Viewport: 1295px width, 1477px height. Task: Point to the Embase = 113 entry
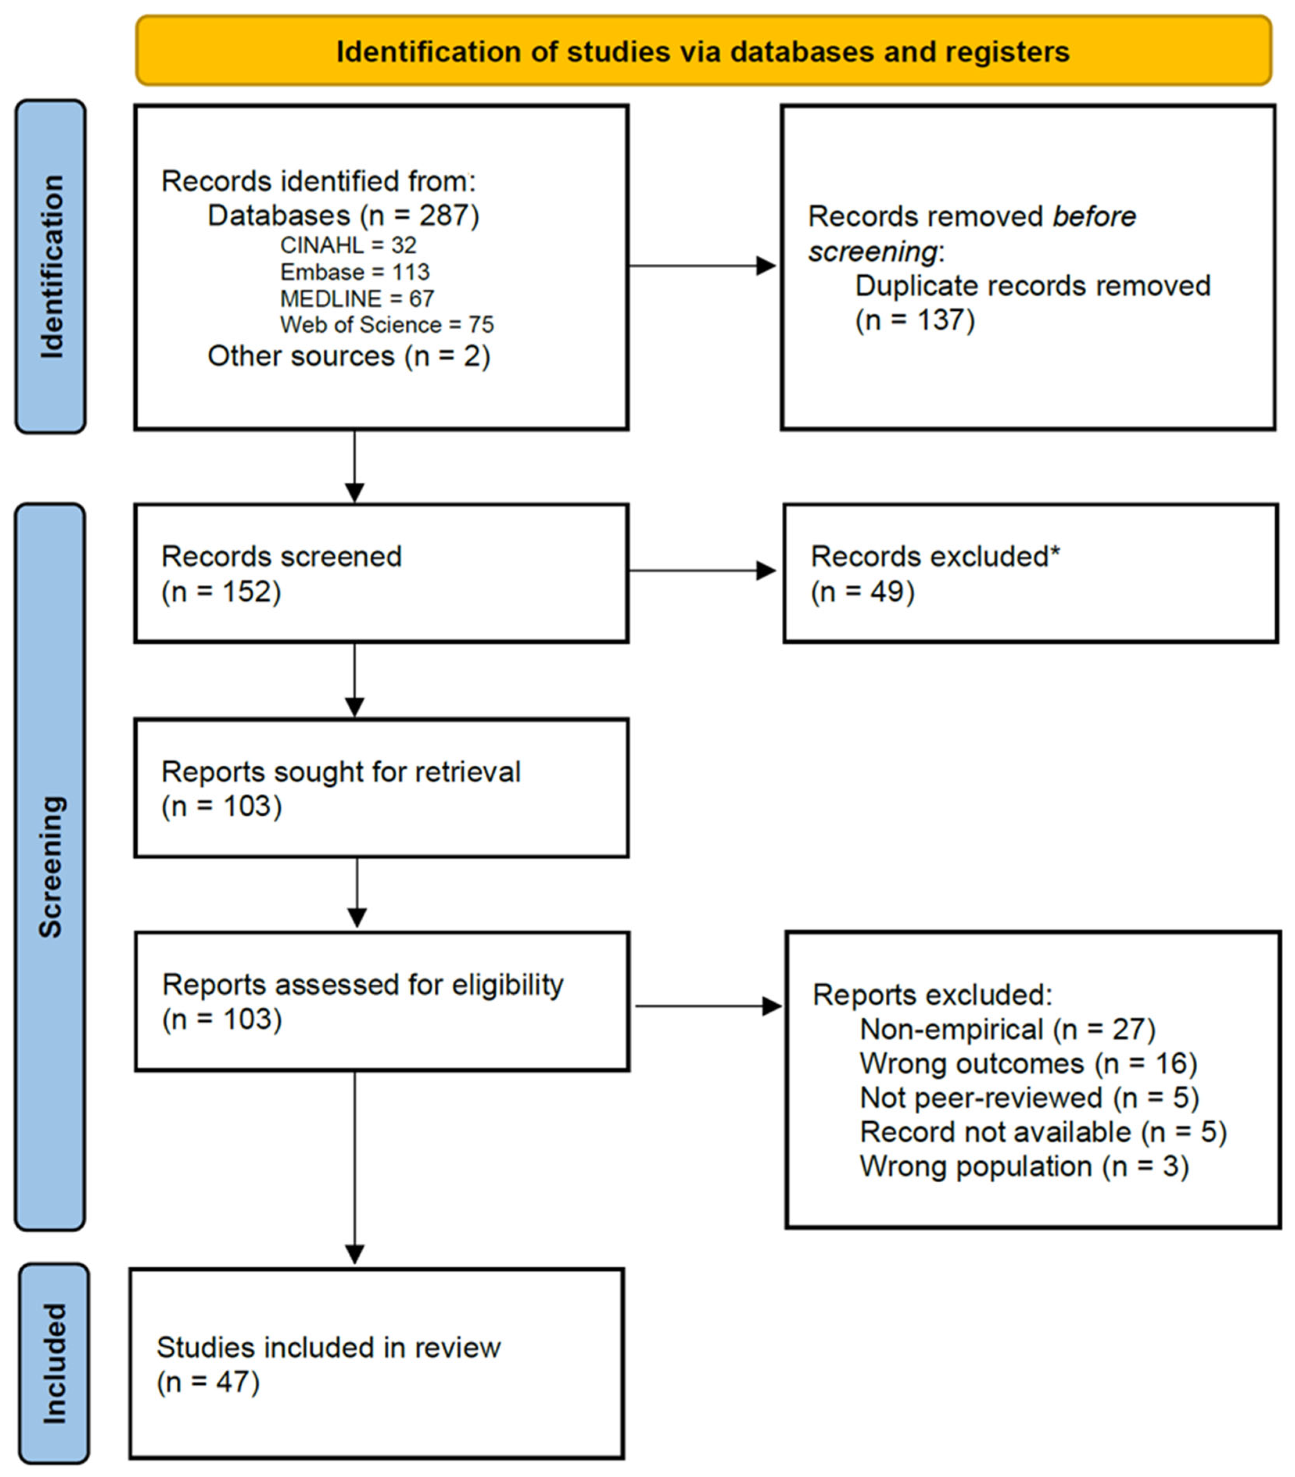354,272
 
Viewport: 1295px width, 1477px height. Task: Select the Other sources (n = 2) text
348,356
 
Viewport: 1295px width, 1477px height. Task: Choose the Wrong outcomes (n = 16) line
1028,1063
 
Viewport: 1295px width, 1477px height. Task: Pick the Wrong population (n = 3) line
1023,1166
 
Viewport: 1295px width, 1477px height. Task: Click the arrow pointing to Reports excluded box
708,1006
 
